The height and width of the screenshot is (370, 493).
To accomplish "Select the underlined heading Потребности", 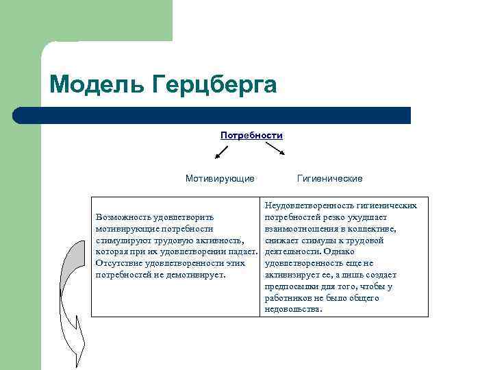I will (x=251, y=135).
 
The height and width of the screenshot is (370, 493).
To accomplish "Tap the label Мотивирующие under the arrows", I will (x=220, y=179).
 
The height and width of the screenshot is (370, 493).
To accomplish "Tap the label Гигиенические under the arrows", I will (x=330, y=179).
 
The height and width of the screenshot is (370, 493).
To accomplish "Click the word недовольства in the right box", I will (x=292, y=310).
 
